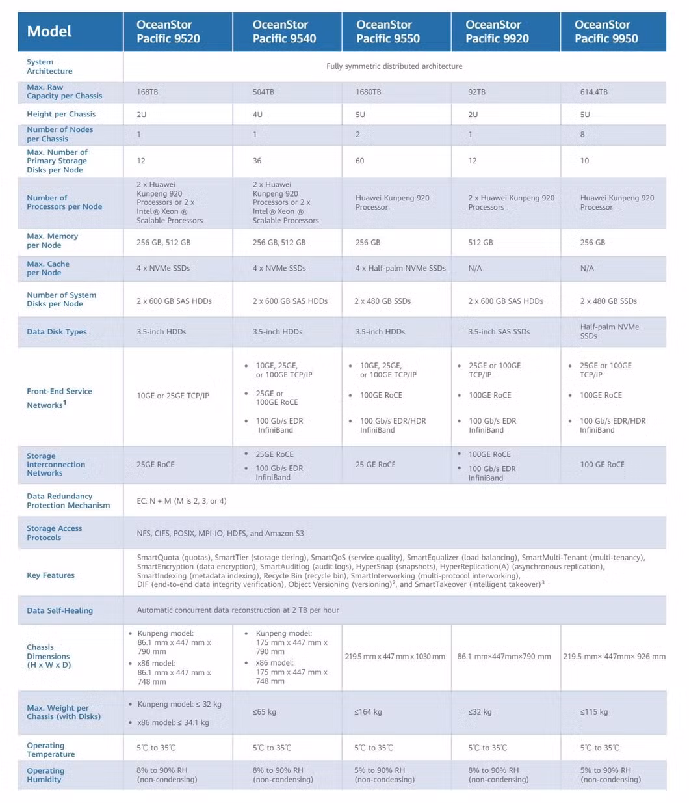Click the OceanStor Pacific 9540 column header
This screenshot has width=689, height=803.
(284, 31)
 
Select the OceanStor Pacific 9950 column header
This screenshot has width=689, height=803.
(606, 31)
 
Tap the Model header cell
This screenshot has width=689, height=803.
(49, 31)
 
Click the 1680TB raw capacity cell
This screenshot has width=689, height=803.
(368, 92)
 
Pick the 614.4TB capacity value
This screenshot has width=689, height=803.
(593, 92)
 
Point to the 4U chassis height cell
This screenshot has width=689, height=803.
(257, 115)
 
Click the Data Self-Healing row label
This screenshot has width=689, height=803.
(60, 610)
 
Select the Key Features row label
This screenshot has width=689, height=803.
(51, 575)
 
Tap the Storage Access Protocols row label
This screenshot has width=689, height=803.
(54, 533)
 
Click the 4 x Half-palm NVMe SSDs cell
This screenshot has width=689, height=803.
(400, 268)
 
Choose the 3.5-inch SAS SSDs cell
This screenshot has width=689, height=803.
(499, 332)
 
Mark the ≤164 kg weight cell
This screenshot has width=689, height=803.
(368, 712)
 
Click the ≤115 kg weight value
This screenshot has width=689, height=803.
(594, 712)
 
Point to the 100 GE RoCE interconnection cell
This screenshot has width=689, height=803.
(602, 465)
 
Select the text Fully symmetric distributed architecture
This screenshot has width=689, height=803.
(395, 66)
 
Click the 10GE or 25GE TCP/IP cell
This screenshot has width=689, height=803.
(173, 396)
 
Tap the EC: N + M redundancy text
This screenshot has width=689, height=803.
(181, 501)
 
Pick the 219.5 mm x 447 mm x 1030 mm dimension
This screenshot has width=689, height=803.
(395, 657)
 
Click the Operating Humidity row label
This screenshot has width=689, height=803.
(45, 775)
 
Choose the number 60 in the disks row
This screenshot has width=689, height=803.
(359, 161)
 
